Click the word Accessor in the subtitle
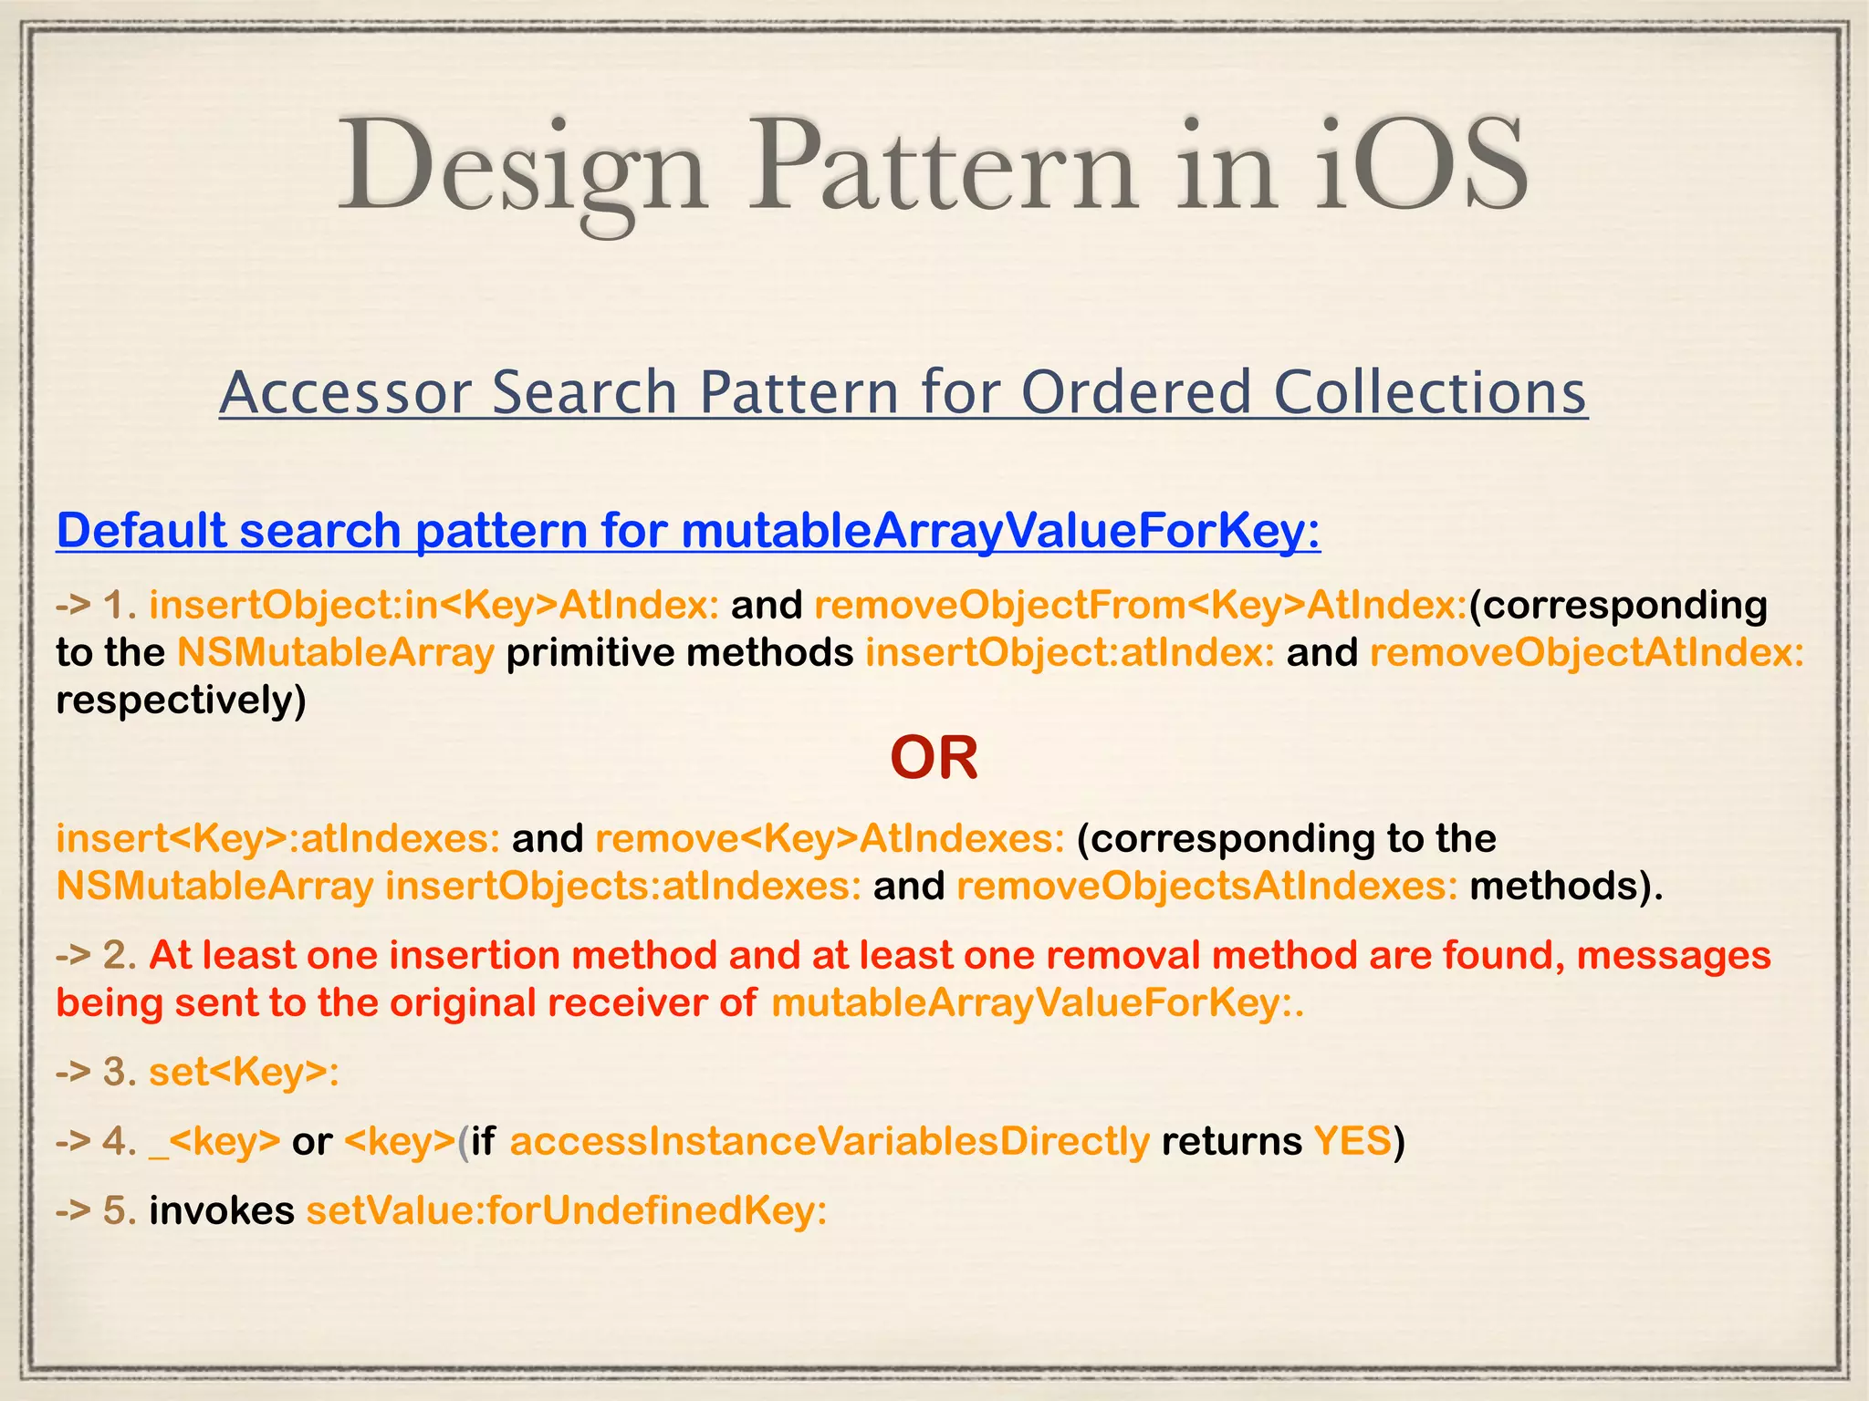click(346, 391)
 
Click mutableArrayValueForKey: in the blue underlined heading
click(1000, 530)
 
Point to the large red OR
click(934, 757)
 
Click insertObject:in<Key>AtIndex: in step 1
click(434, 605)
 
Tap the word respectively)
click(181, 700)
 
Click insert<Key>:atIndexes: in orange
click(277, 838)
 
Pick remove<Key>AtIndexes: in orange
click(830, 838)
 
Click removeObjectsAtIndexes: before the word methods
click(1206, 886)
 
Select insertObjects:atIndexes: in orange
click(623, 886)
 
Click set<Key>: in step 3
click(244, 1072)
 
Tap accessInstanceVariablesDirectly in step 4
click(830, 1141)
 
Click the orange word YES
click(1352, 1141)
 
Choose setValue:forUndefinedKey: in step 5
click(567, 1210)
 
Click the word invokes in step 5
click(222, 1210)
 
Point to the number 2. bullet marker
click(120, 955)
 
